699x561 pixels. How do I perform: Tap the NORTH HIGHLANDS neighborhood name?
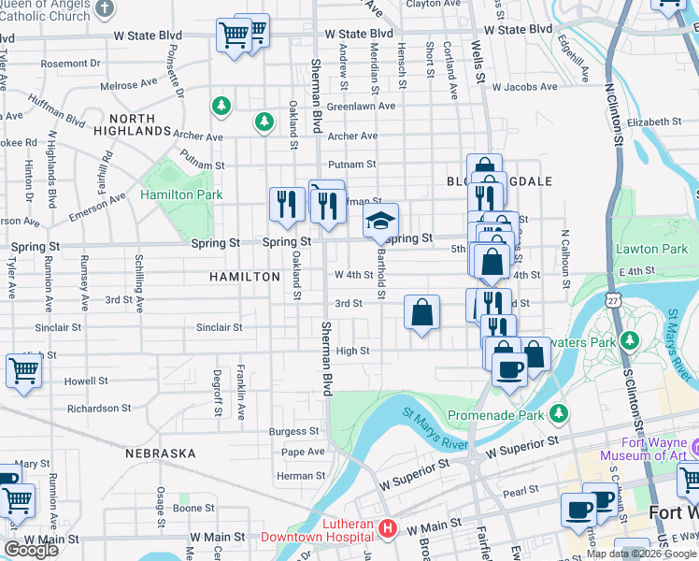139,124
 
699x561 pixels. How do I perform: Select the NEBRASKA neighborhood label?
164,453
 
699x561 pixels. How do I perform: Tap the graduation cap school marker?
380,222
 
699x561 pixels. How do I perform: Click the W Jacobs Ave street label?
524,87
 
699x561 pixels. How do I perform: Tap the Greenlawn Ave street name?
361,106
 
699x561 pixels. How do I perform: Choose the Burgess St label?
293,431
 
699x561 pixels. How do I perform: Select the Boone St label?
193,508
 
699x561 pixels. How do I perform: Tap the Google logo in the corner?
31,550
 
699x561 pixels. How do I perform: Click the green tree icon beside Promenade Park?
559,412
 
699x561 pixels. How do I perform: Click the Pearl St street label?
522,489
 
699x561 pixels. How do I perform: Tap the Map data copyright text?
641,554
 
